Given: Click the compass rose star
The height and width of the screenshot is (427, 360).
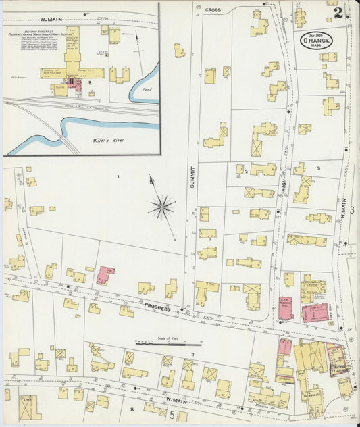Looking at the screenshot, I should [x=161, y=207].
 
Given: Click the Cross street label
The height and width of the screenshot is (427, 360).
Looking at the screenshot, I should [x=213, y=10].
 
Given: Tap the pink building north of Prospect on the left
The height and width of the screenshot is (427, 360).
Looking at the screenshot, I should [x=105, y=275].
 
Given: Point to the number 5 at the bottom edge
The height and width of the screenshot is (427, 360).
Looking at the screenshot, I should [x=172, y=414].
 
